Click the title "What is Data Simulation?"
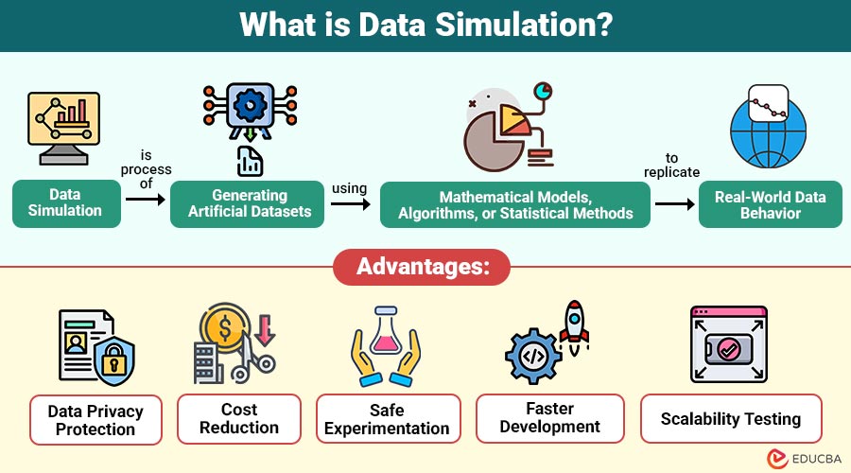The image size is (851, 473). pos(425,25)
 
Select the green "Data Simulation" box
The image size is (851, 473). pos(66,203)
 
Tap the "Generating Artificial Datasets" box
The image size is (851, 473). pos(248,203)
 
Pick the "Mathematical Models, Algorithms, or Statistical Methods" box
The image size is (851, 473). pos(515,204)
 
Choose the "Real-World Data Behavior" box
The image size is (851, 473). pos(770,204)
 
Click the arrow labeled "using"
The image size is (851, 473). pos(351,203)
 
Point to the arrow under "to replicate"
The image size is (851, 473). pos(674,204)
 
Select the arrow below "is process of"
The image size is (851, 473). pos(146,200)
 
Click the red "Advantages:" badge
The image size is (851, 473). pos(422,267)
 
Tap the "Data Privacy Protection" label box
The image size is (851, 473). pos(96,420)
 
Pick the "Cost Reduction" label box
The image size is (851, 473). pos(239,419)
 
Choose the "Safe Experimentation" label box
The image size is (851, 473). pos(388,419)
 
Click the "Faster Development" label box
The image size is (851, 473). pos(549,418)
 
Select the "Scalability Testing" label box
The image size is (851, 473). pos(731,419)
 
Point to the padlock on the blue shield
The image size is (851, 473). pos(113,359)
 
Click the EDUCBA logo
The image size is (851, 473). pos(804,459)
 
